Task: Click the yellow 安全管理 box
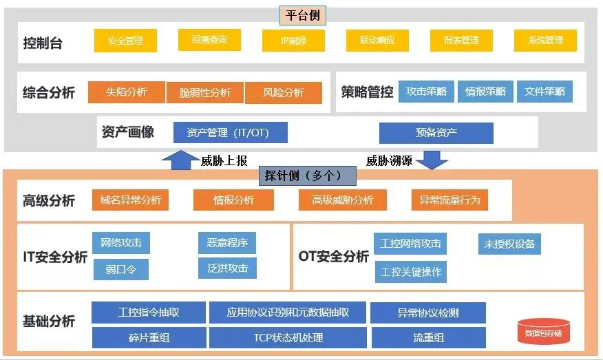pyautogui.click(x=125, y=41)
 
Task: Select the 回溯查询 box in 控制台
pyautogui.click(x=210, y=40)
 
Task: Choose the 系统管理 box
pyautogui.click(x=545, y=41)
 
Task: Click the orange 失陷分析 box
pyautogui.click(x=127, y=92)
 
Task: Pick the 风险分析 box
pyautogui.click(x=283, y=93)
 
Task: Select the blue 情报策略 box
pyautogui.click(x=485, y=92)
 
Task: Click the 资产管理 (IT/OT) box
pyautogui.click(x=231, y=132)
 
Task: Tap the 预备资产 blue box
pyautogui.click(x=436, y=132)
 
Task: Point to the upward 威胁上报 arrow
pyautogui.click(x=178, y=160)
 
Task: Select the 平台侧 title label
pyautogui.click(x=303, y=14)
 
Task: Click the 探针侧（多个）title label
pyautogui.click(x=306, y=176)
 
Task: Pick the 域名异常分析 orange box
pyautogui.click(x=130, y=200)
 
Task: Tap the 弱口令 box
pyautogui.click(x=120, y=269)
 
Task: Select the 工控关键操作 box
pyautogui.click(x=411, y=272)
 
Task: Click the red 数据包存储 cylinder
pyautogui.click(x=543, y=332)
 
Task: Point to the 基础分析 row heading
pyautogui.click(x=49, y=321)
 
